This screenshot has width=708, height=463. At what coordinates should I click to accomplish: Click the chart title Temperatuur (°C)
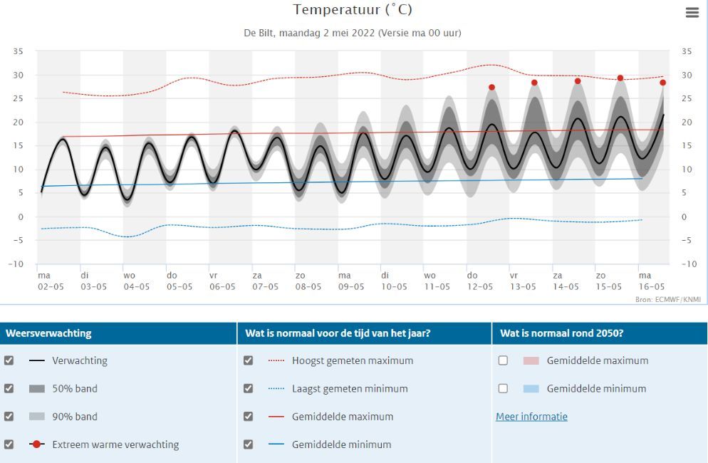353,10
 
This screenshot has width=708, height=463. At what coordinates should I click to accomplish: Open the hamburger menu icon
692,13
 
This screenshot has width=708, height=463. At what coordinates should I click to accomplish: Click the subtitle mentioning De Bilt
353,33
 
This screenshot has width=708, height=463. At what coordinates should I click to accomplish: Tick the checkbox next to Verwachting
9,360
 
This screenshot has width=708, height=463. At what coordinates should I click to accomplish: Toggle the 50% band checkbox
9,388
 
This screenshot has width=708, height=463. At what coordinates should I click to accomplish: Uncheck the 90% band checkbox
9,416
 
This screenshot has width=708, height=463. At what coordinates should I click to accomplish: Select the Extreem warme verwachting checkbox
9,444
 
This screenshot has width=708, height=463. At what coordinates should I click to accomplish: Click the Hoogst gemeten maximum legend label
352,360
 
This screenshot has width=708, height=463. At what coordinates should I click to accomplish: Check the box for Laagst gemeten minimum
248,388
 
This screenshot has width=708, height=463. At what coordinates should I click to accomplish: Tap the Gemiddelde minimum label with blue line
341,444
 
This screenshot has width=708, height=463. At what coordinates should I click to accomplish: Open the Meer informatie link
531,417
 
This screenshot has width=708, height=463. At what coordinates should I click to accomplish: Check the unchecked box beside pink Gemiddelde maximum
503,360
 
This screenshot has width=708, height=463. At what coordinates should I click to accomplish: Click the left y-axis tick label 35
19,51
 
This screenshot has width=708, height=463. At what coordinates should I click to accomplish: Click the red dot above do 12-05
491,88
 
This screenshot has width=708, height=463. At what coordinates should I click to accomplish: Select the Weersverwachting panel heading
48,333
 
